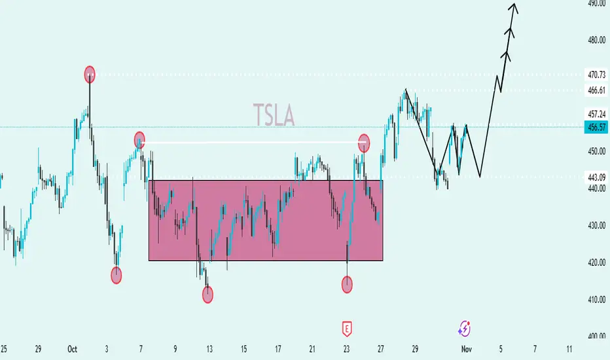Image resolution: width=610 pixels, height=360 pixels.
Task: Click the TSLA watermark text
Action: point(274,117)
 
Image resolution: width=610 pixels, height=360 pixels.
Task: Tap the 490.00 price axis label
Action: point(596,3)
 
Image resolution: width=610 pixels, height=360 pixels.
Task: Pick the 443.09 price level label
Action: point(596,176)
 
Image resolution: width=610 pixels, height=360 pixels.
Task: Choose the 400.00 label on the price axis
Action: point(596,336)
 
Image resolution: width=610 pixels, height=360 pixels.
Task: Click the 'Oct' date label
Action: point(72,350)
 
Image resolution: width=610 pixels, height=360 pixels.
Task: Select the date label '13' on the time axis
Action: point(209,350)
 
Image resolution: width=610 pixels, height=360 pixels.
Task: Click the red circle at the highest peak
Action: point(90,74)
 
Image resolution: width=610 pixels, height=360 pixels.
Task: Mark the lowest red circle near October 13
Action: point(208,295)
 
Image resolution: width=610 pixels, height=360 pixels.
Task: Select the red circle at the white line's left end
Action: point(139,139)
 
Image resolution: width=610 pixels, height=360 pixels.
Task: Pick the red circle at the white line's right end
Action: point(365,141)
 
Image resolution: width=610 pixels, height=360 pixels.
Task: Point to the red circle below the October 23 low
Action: point(348,284)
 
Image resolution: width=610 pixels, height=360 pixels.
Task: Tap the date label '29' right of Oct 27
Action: point(414,350)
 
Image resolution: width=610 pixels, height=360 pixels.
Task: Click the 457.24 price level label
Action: point(596,113)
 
